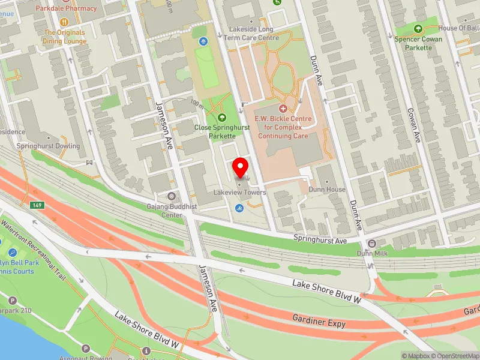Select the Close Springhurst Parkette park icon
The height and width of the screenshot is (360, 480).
[222, 118]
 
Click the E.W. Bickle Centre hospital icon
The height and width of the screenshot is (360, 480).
[283, 109]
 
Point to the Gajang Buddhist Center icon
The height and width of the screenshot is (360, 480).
[172, 196]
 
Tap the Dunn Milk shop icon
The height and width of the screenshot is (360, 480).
[371, 244]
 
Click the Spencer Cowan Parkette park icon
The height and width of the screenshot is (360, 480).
[418, 28]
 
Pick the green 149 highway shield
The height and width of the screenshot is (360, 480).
[38, 206]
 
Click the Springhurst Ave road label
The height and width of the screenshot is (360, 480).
[320, 239]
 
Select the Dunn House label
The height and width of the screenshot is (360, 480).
[327, 190]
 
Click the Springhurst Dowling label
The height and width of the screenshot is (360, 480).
[48, 146]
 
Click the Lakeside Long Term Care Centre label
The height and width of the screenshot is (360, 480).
[251, 34]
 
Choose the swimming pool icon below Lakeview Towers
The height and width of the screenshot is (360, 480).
[239, 208]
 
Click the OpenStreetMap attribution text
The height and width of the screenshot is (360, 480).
[454, 356]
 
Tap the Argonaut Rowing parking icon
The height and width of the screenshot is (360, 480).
[85, 349]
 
